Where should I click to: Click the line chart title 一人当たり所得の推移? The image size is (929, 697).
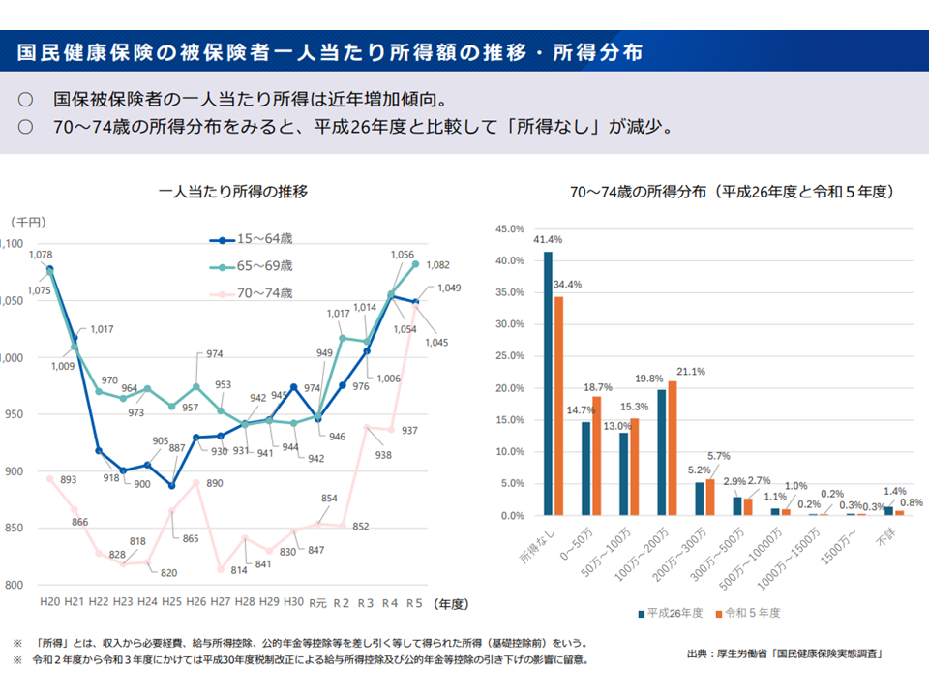[234, 192]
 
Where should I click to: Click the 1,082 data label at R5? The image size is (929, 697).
[437, 265]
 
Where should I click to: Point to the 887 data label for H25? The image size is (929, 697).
[177, 448]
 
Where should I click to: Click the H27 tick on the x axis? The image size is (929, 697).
[221, 602]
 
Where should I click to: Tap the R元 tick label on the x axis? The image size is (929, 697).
[317, 603]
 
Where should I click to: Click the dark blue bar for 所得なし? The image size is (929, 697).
[549, 383]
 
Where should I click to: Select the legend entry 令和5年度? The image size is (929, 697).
[749, 613]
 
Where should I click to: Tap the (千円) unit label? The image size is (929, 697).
[28, 222]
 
